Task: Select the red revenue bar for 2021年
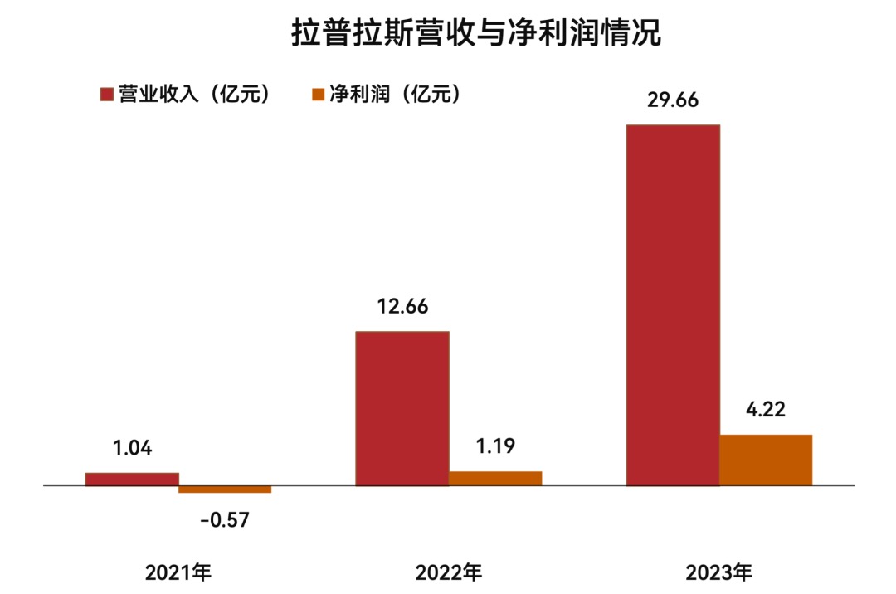tap(132, 479)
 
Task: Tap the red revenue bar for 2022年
tap(402, 408)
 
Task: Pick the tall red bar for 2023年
tap(673, 304)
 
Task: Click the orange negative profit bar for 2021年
tap(225, 489)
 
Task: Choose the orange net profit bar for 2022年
tap(495, 478)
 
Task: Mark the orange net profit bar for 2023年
tap(766, 460)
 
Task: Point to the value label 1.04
tap(133, 449)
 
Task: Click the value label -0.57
tap(225, 520)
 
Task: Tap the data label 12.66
tap(402, 306)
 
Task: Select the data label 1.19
tap(495, 446)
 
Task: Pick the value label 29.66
tap(672, 100)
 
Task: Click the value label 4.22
tap(765, 409)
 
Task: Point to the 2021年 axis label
tap(179, 572)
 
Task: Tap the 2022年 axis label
tap(449, 572)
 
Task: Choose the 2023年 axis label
tap(719, 572)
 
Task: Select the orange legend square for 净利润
tap(318, 95)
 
